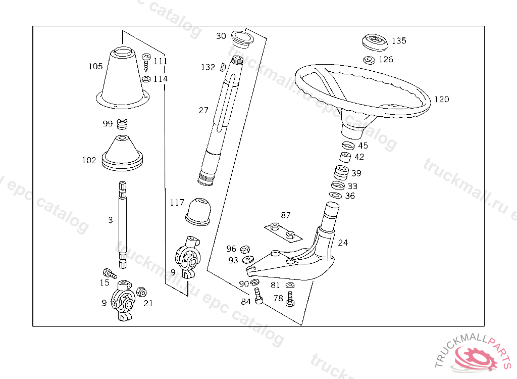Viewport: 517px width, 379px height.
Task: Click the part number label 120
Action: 441,100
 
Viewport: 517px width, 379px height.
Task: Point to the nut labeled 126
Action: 369,60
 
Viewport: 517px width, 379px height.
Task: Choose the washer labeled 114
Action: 146,79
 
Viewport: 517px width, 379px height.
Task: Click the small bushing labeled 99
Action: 122,124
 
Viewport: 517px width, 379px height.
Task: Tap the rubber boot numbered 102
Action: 123,153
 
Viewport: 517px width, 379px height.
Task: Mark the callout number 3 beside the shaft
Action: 110,220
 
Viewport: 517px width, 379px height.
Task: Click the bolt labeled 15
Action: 109,273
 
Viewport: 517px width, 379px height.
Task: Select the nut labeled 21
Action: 141,292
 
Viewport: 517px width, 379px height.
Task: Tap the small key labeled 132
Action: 223,67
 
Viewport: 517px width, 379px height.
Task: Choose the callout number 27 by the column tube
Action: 203,110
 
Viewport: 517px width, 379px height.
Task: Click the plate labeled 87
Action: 282,230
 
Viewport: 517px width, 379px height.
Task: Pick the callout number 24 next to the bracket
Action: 343,243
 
